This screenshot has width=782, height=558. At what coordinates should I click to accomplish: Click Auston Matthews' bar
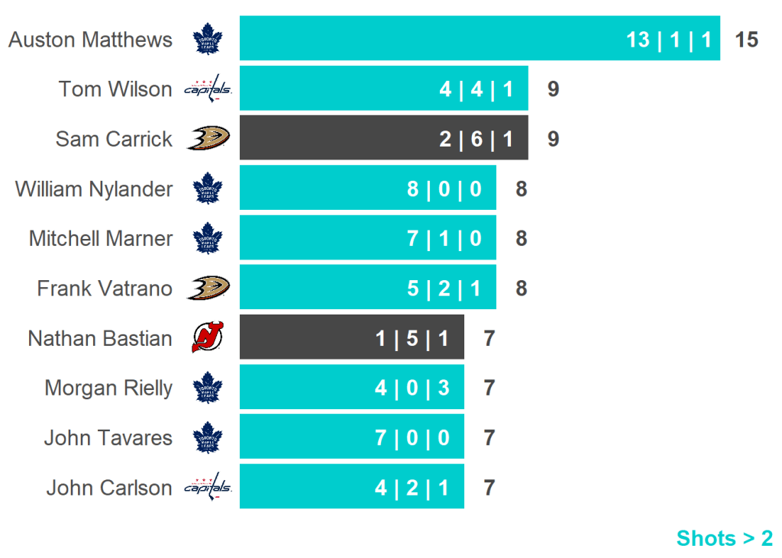tap(480, 38)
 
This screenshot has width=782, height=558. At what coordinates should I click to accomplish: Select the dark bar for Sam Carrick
tap(383, 138)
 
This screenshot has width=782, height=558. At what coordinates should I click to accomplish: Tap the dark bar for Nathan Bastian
tap(351, 337)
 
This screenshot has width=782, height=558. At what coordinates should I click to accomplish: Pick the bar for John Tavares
tap(351, 437)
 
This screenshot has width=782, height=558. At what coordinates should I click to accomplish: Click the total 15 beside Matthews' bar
tap(746, 40)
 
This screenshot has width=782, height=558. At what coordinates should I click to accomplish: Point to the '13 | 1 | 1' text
tap(669, 40)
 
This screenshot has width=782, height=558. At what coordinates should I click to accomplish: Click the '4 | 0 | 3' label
tap(412, 388)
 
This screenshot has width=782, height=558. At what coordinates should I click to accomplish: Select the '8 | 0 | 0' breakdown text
tap(444, 189)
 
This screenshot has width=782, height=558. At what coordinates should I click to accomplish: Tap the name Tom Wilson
tap(115, 89)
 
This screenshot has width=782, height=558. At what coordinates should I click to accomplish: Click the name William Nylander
tap(94, 189)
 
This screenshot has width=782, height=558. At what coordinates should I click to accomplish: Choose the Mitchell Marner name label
tap(101, 238)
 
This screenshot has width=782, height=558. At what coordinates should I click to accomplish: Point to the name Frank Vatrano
tap(105, 289)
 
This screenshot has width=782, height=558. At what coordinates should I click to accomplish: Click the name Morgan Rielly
tap(108, 388)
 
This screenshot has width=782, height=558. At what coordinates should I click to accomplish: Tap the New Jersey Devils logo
tap(207, 337)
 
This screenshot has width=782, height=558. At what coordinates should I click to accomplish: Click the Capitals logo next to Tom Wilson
tap(208, 89)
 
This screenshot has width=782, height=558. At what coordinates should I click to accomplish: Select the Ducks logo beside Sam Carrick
tap(208, 138)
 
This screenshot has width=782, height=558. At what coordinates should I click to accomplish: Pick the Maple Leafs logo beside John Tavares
tap(207, 437)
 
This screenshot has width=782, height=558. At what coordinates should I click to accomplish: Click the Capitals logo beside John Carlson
tap(208, 487)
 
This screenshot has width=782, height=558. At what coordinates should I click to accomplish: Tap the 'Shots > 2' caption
tap(724, 538)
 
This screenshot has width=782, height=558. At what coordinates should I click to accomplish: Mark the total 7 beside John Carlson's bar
tap(490, 488)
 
